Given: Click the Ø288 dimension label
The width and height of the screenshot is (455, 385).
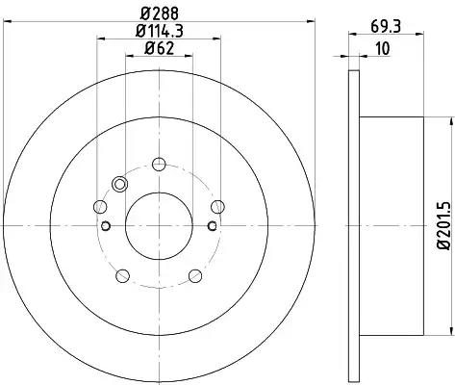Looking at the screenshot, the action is [160, 13].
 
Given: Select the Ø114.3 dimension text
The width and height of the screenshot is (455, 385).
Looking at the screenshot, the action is [160, 31].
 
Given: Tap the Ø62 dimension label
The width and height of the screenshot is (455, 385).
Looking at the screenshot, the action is [159, 48].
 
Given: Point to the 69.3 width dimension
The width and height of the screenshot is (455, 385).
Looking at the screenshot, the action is [386, 26].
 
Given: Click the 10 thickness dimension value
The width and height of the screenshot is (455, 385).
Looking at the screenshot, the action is [383, 48].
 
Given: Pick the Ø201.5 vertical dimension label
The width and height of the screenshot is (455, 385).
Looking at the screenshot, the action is [444, 225].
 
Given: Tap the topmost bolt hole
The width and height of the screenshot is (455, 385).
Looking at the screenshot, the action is [159, 165].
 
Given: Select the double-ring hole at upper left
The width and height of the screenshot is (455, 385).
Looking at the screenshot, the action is [119, 185].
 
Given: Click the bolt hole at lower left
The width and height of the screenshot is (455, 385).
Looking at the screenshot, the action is [122, 276].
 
